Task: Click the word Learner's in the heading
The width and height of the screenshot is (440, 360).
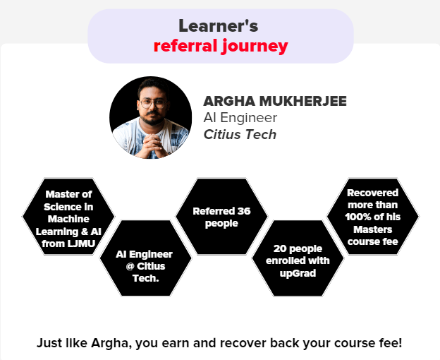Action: [219, 26]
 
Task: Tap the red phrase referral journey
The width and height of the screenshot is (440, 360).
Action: [221, 46]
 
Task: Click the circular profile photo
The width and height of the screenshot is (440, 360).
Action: [151, 117]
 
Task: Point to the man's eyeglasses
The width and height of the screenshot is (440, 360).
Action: [152, 104]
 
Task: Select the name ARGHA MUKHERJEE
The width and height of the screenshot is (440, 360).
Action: [275, 101]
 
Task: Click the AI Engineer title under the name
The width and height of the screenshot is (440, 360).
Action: [240, 118]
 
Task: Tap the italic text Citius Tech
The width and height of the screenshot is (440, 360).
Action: [240, 135]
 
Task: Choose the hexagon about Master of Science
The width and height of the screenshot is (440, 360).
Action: [68, 217]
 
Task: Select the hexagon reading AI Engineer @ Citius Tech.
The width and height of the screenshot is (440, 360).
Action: [146, 258]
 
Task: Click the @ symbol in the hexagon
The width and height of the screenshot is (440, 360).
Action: [130, 266]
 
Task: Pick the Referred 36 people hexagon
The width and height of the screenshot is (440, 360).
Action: [221, 217]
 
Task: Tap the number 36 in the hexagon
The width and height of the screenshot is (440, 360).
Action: [244, 211]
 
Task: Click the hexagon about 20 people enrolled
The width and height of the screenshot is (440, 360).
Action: [298, 258]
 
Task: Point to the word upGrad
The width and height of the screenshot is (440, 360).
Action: [298, 273]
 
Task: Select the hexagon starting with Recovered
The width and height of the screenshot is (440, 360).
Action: [372, 217]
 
